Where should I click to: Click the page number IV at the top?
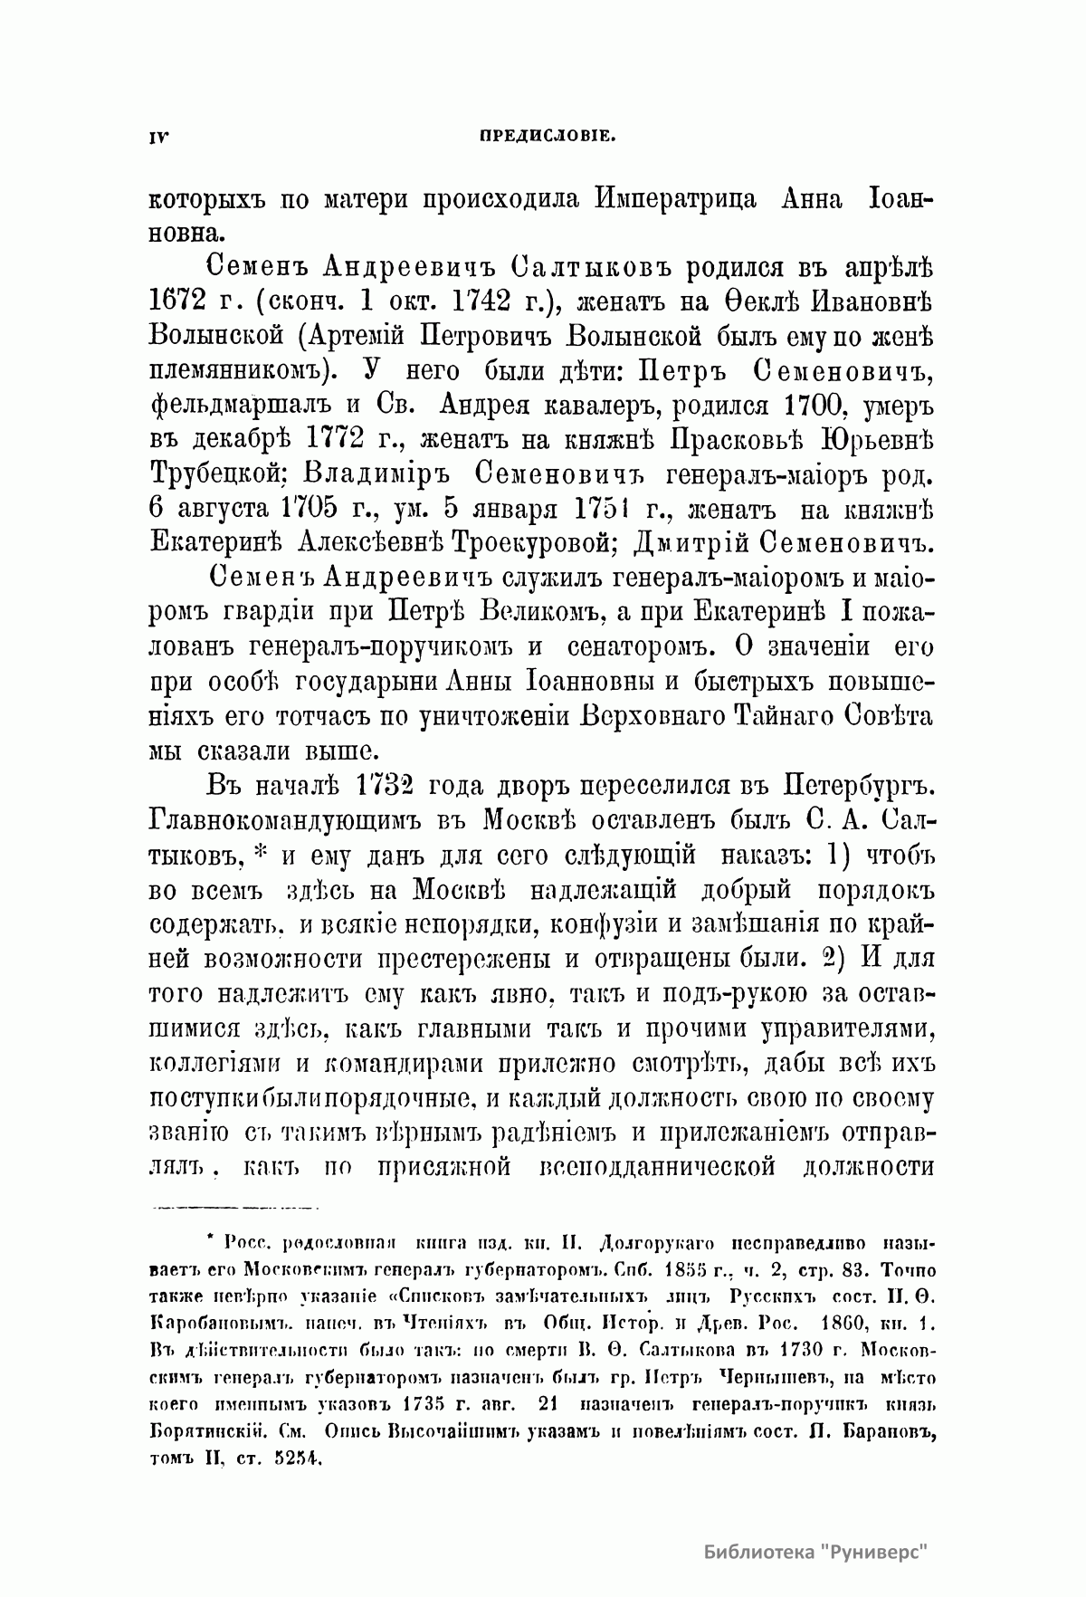click(158, 137)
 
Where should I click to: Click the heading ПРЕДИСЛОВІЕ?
click(548, 137)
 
